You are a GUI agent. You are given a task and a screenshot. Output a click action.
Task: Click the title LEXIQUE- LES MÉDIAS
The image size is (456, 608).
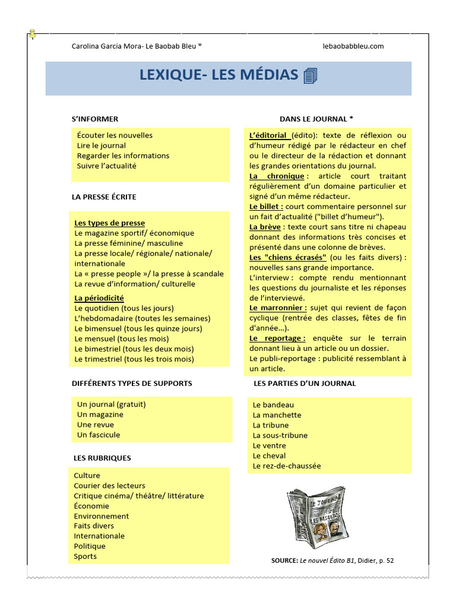coord(218,75)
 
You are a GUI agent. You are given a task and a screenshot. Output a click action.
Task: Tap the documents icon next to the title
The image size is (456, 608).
coord(310,76)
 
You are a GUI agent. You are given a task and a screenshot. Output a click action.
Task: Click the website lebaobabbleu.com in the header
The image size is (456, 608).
coord(353,46)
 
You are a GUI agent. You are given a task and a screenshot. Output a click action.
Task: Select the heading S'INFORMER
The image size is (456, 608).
coord(95,119)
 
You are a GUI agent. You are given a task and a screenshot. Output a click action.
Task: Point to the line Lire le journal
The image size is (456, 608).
coord(102,145)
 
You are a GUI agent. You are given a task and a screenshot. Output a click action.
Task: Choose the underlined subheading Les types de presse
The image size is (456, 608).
coord(109,223)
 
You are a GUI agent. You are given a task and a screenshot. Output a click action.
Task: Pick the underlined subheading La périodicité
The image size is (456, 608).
coord(99,298)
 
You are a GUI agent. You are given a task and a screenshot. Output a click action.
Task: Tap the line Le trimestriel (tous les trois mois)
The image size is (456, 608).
coord(134,359)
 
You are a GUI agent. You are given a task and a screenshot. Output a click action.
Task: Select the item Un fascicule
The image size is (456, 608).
coord(99,435)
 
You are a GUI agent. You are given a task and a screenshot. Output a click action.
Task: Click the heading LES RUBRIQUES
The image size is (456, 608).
coord(103,458)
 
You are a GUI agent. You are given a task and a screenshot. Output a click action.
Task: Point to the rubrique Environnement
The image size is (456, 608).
coord(102,516)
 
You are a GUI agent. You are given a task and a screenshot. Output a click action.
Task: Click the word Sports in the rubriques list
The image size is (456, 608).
coord(85,556)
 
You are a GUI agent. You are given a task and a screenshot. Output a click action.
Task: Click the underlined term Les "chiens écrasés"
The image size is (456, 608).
coord(288,257)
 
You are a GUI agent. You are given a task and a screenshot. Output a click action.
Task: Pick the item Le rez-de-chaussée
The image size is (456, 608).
coord(286,465)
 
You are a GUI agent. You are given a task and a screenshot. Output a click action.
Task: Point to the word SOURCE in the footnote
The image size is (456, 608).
coord(284,560)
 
